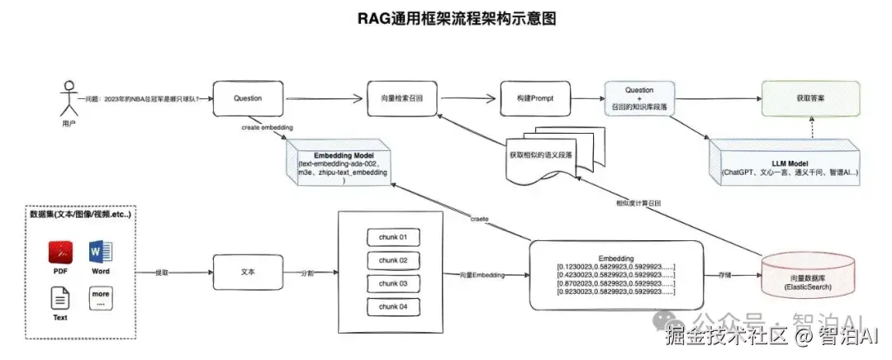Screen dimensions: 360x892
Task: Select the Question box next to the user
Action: point(248,98)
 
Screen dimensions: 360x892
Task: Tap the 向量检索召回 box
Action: point(401,98)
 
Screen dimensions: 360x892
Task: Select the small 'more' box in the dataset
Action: point(101,297)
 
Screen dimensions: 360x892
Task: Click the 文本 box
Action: point(248,272)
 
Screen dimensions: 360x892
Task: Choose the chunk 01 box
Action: point(393,237)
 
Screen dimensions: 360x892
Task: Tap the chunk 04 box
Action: point(393,306)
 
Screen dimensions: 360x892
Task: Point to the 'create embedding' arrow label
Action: point(267,128)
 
